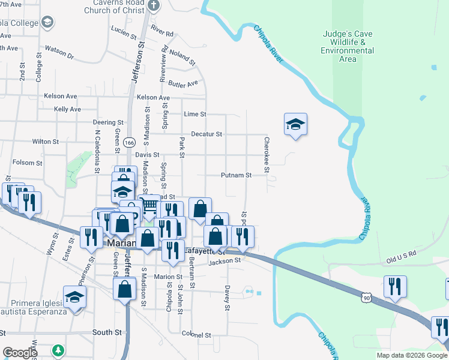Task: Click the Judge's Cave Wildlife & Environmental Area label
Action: pos(348,46)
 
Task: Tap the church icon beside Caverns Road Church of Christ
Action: pos(154,6)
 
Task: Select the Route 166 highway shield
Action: pos(128,143)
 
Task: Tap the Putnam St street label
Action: pos(236,175)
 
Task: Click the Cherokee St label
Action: pos(265,152)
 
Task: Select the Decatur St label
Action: pos(206,134)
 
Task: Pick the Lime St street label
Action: pos(195,114)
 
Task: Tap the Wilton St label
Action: pos(46,142)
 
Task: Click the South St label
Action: pos(107,332)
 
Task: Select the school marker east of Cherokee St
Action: pos(295,125)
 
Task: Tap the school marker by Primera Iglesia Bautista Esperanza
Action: pos(75,298)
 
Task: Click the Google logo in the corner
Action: pos(19,353)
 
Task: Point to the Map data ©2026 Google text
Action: pos(412,355)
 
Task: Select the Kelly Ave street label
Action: pos(67,109)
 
